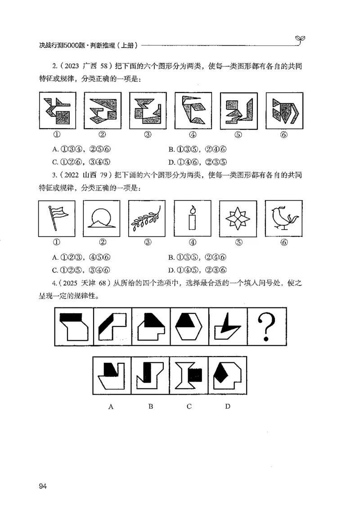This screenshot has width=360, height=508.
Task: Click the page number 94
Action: click(43, 486)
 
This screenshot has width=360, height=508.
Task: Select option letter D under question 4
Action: click(228, 406)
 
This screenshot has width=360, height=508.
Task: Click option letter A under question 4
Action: click(111, 406)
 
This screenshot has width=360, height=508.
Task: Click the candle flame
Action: click(193, 209)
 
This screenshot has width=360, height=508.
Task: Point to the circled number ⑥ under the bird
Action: click(284, 243)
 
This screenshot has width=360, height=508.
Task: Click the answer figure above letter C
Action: click(189, 375)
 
